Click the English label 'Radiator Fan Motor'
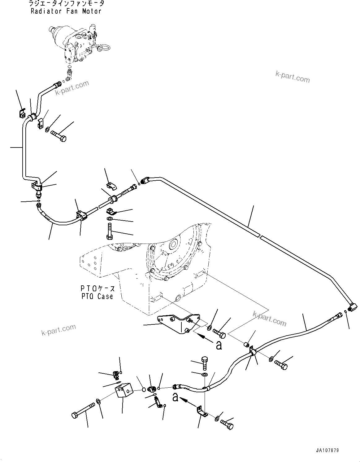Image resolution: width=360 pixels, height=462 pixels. pos(66,11)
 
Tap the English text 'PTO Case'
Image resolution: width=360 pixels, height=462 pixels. pos(97,296)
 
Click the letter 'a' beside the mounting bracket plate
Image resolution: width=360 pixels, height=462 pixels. pos(219,345)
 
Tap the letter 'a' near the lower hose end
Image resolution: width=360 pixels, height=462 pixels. pos(176,397)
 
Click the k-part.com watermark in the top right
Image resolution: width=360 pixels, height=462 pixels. pos(293,77)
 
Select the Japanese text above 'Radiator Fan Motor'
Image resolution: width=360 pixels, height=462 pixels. pos(66,4)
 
